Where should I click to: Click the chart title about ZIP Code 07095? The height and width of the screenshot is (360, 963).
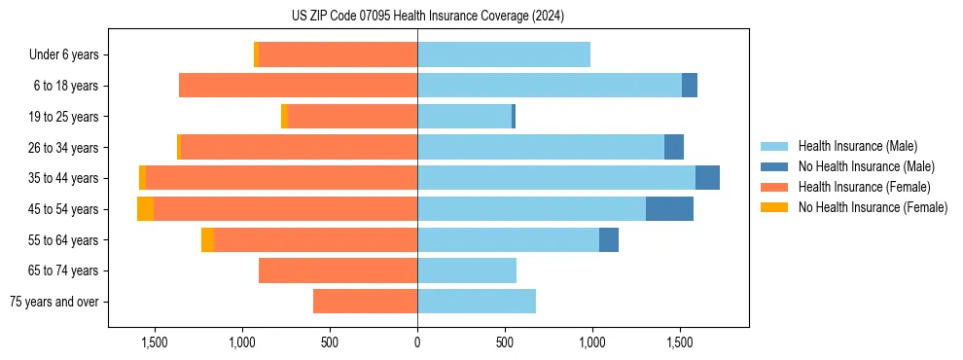click(x=427, y=16)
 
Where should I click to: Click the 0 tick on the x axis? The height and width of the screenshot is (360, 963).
click(x=417, y=342)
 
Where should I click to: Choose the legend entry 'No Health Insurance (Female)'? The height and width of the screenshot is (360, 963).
click(x=873, y=207)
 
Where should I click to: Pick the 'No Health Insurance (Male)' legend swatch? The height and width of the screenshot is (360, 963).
click(x=774, y=166)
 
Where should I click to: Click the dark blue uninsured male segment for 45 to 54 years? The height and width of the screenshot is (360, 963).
click(x=669, y=209)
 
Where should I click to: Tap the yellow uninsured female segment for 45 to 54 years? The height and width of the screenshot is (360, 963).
click(x=145, y=209)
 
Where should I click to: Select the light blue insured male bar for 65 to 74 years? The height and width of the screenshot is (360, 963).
click(x=467, y=270)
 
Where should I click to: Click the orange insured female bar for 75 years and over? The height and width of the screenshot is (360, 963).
click(x=365, y=302)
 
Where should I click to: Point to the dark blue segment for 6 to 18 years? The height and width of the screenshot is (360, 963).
click(x=690, y=86)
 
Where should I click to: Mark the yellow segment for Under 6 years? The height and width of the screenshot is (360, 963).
click(x=256, y=55)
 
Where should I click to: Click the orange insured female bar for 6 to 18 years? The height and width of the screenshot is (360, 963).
click(x=298, y=86)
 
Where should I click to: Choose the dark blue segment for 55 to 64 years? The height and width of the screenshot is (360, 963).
click(x=609, y=240)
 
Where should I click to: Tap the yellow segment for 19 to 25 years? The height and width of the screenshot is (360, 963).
click(x=284, y=117)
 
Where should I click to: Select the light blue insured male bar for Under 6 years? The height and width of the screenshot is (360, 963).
click(x=504, y=55)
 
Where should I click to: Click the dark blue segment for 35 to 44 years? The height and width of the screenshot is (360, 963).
click(x=707, y=178)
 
